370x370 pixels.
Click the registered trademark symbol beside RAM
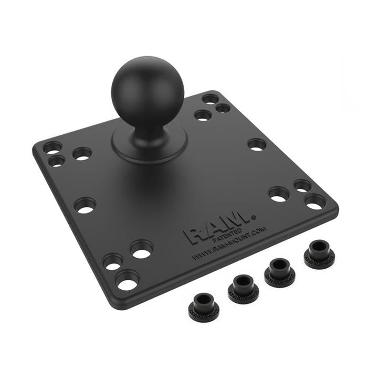pyautogui.click(x=254, y=216)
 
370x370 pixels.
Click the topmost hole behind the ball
pyautogui.click(x=210, y=99)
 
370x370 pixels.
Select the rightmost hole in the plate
pyautogui.click(x=315, y=202)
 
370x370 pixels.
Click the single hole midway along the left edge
pyautogui.click(x=85, y=205)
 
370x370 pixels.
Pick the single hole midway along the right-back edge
pyautogui.click(x=257, y=144)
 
